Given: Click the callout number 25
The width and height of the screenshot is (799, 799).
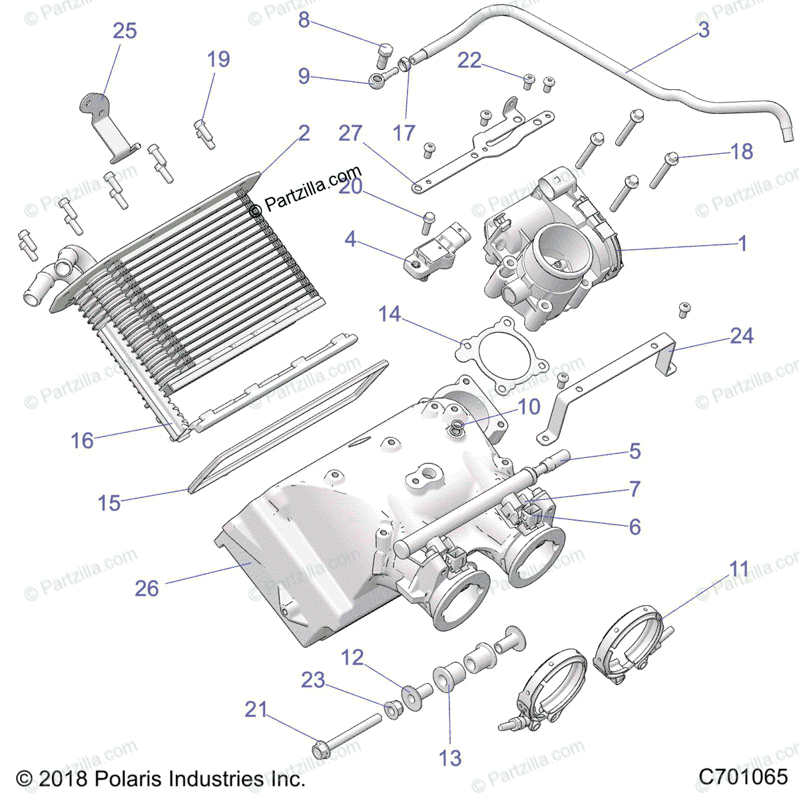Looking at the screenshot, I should [x=125, y=31].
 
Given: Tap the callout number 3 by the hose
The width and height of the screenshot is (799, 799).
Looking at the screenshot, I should [x=704, y=30].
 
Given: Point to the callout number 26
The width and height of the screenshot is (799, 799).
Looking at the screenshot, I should [x=147, y=588].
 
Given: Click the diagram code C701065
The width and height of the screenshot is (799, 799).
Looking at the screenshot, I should [x=743, y=776].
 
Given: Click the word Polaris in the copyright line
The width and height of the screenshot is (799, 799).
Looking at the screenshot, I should [x=129, y=778].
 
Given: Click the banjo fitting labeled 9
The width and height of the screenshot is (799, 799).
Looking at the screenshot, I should [x=376, y=82].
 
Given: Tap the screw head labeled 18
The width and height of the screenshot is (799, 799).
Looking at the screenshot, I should [x=670, y=158].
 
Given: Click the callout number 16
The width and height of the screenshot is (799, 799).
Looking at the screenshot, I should [x=83, y=440].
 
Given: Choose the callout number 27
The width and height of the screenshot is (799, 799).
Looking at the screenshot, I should [x=350, y=133].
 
